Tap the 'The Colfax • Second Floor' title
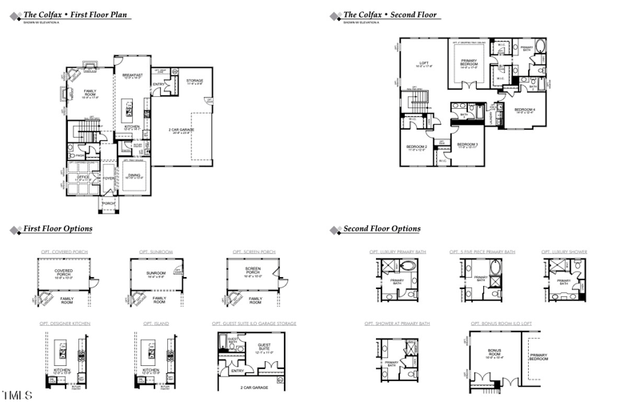click(391, 14)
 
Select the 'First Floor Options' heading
click(57, 229)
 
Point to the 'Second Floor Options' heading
click(382, 229)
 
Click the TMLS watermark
click(16, 396)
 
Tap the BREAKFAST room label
click(131, 74)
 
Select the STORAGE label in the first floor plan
click(194, 81)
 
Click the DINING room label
click(134, 175)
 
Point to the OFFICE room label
click(78, 178)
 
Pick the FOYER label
click(108, 178)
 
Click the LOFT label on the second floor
click(425, 63)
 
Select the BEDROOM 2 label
click(417, 147)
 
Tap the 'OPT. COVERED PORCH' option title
click(62, 252)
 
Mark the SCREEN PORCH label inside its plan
click(252, 272)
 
